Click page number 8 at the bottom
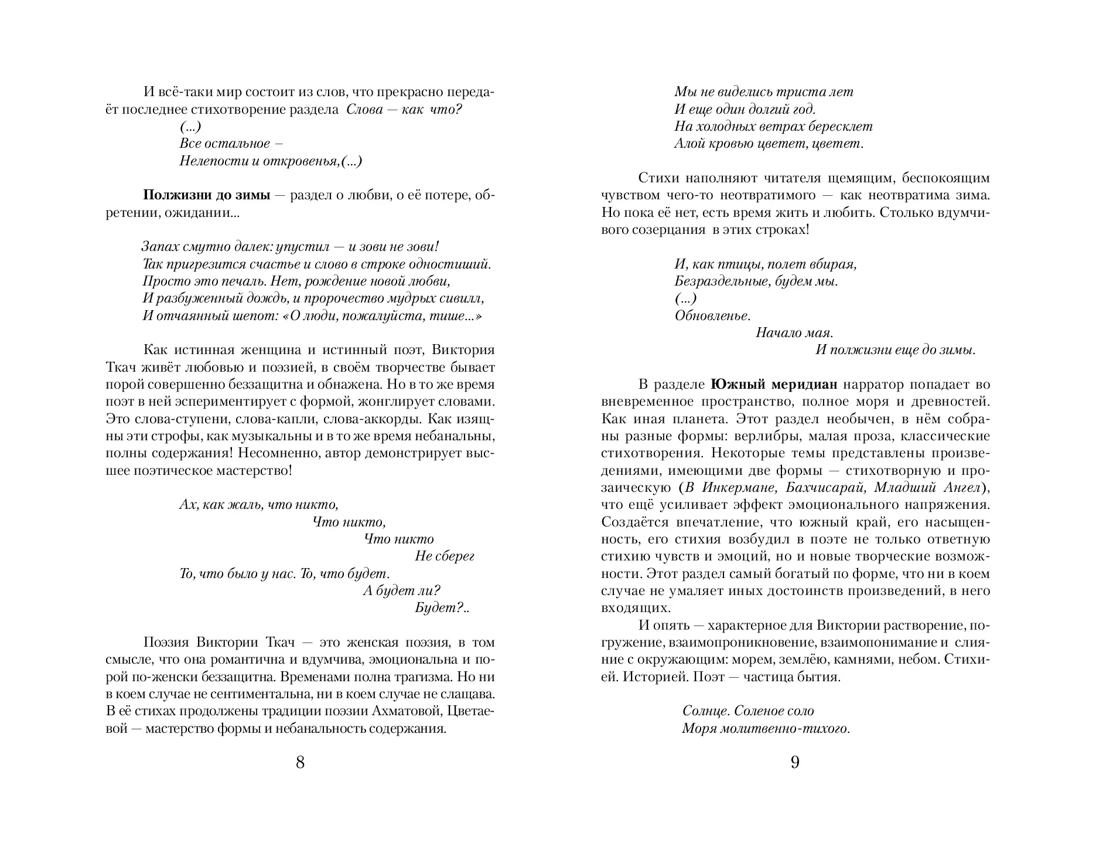click(300, 763)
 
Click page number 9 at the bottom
click(795, 763)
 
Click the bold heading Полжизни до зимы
click(207, 195)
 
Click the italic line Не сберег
click(444, 556)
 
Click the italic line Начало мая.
click(794, 333)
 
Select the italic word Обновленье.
click(712, 316)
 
